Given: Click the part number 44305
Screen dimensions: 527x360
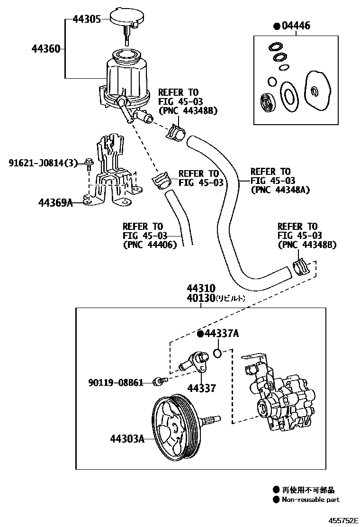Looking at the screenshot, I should click(86, 19).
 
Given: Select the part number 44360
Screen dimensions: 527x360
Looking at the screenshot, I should click(46, 48).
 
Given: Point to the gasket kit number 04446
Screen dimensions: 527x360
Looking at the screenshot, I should click(294, 26).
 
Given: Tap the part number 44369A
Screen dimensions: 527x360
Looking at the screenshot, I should click(55, 203).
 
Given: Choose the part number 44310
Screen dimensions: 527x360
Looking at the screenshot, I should click(201, 289).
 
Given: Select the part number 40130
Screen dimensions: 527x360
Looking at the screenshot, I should click(201, 298).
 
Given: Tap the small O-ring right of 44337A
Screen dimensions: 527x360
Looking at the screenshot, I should click(217, 353).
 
